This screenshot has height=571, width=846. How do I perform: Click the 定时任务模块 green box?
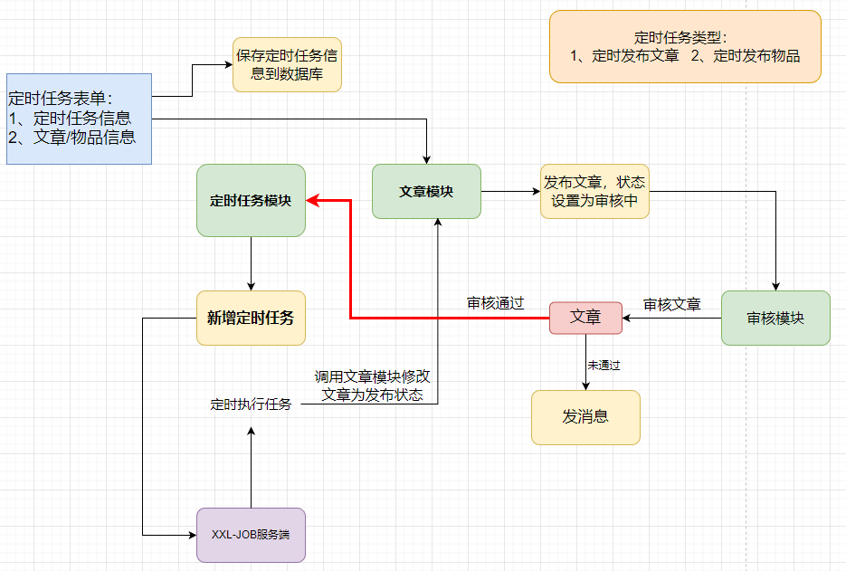251,201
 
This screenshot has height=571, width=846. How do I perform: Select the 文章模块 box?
426,192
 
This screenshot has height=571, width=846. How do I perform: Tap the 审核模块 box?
775,318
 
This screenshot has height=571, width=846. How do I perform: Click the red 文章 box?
585,318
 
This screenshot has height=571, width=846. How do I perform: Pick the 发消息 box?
585,417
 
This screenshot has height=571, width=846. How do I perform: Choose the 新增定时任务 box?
251,318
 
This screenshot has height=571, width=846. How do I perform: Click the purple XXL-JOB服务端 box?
251,535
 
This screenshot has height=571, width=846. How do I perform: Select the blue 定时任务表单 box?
79,119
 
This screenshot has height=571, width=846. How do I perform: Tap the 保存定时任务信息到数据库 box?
287,65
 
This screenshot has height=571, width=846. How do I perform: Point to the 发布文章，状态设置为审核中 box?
594,191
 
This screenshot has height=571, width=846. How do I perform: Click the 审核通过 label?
495,304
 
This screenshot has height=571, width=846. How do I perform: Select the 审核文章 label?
671,305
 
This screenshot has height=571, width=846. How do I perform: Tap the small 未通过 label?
604,365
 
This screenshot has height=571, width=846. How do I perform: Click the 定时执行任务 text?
251,404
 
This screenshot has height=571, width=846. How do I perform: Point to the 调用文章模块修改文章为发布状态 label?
372,386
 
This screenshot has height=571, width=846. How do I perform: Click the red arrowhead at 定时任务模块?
311,201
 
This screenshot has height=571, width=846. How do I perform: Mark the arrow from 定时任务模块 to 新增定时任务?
251,263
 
